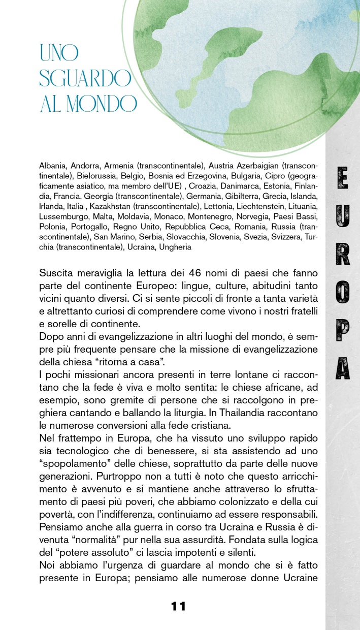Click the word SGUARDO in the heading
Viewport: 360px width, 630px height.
tap(85, 78)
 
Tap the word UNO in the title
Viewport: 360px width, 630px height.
tap(59, 53)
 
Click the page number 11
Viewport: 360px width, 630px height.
tap(178, 606)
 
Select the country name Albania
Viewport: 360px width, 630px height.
tap(53, 166)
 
